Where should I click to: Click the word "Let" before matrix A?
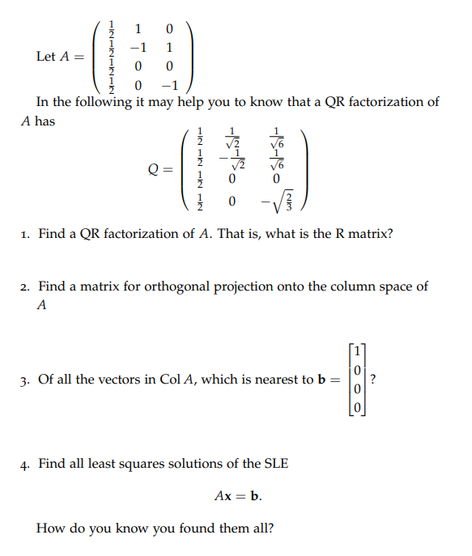tap(46, 57)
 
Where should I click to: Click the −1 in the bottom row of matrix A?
tap(169, 84)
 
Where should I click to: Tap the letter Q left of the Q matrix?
tap(154, 169)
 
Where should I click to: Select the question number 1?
tap(25, 234)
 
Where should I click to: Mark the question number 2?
tap(25, 286)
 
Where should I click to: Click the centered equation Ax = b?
tap(238, 496)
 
